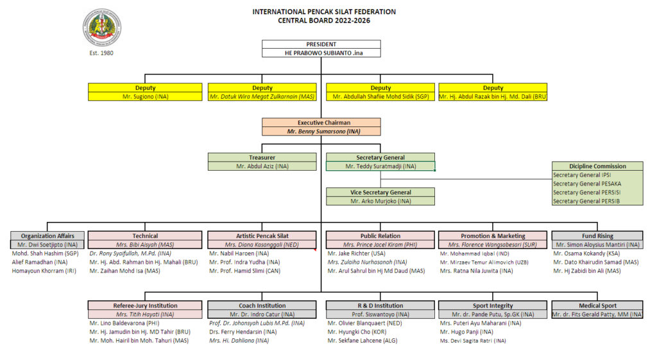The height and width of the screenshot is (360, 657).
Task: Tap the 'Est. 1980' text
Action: point(101,53)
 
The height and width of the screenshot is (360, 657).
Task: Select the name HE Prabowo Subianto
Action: point(320,53)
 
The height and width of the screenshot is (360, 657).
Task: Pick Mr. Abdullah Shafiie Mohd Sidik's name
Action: point(380,96)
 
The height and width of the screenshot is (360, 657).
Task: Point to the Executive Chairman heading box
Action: point(320,122)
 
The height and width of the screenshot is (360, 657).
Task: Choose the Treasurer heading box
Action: point(262,157)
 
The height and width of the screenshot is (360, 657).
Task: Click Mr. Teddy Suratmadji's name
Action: point(380,166)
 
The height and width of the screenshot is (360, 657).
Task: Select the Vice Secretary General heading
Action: point(380,193)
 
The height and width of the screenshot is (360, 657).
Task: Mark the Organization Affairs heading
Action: point(48,236)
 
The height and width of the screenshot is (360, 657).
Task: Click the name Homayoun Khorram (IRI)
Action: point(44,271)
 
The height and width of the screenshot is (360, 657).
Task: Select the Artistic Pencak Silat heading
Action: point(262,236)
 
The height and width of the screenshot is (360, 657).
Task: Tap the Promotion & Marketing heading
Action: point(493,236)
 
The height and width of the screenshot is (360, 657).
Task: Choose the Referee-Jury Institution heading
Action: point(145,305)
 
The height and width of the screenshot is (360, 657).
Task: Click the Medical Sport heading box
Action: point(597,305)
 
